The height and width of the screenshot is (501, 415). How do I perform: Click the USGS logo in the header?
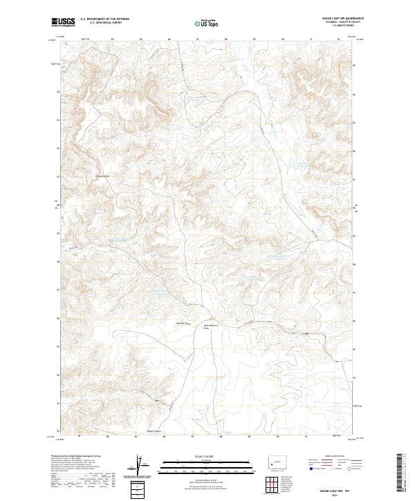pyautogui.click(x=63, y=22)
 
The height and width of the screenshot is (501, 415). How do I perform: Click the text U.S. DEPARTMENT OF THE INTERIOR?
pyautogui.click(x=104, y=19)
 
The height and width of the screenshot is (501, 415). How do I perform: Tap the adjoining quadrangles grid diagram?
pyautogui.click(x=275, y=486)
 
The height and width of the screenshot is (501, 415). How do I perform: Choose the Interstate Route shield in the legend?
pyautogui.click(x=311, y=469)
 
